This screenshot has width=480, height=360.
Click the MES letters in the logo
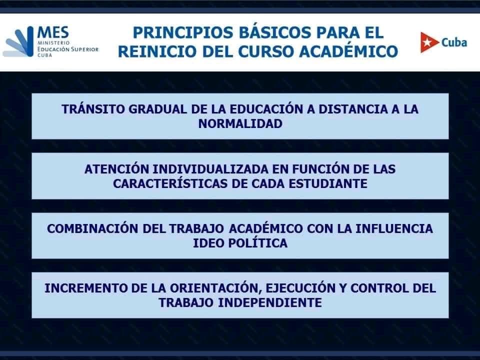(53, 32)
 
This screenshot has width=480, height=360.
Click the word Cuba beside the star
(454, 42)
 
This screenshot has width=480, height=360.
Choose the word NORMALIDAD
(240, 124)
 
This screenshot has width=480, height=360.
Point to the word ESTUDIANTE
(328, 183)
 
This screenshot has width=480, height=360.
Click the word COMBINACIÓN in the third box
(93, 228)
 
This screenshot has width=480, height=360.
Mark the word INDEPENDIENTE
(269, 303)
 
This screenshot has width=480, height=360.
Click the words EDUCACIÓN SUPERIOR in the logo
(68, 49)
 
